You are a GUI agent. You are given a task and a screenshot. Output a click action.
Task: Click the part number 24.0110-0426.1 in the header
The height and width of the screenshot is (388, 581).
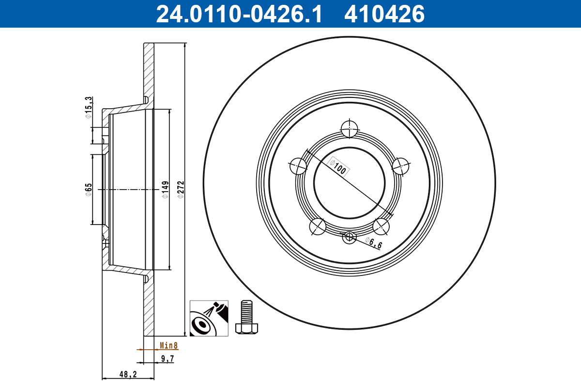(238, 14)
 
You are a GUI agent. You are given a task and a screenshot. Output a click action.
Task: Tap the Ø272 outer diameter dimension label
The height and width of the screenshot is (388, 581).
(180, 189)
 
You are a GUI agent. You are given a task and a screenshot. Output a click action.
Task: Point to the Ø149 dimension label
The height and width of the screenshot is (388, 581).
(165, 189)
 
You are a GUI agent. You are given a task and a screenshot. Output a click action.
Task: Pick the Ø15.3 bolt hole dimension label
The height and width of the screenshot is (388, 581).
(88, 107)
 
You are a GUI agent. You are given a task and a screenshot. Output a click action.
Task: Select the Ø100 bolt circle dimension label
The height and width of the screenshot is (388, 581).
(339, 166)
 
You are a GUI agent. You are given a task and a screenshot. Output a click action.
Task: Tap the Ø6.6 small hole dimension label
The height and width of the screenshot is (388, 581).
(373, 243)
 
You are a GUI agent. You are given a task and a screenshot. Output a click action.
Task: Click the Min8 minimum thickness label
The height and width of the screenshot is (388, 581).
(169, 346)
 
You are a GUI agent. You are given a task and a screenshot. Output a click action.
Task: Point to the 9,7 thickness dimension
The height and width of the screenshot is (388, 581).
(167, 359)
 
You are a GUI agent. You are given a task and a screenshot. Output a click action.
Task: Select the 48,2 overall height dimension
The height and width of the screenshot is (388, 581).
(128, 374)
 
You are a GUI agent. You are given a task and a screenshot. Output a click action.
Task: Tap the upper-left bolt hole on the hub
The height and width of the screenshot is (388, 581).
(298, 167)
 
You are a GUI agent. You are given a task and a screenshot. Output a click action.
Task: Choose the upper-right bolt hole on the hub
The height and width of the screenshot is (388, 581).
(401, 166)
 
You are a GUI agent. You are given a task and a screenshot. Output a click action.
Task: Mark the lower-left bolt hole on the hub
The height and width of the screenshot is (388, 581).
(318, 226)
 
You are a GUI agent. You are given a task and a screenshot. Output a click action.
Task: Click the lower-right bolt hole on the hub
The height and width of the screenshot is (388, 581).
(382, 226)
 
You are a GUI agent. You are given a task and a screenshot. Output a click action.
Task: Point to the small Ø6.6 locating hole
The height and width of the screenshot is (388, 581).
(349, 237)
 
